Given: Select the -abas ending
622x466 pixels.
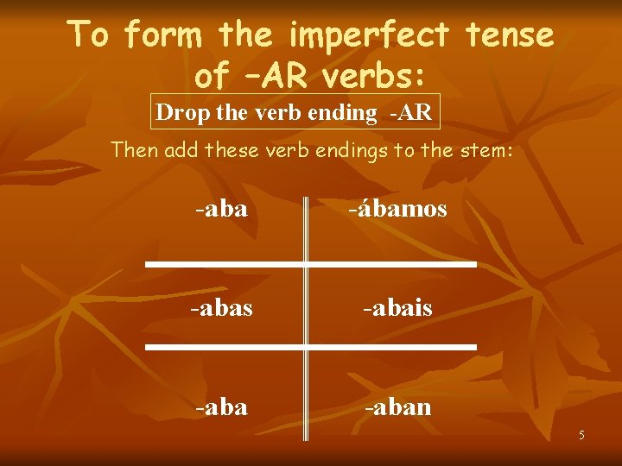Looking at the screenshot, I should [x=223, y=308].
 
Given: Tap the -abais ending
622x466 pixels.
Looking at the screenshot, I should [x=397, y=308].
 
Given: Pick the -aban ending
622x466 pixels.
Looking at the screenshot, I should [x=397, y=406].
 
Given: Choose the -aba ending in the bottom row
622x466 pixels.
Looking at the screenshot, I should [x=221, y=406].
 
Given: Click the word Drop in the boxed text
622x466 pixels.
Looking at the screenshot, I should [x=178, y=112].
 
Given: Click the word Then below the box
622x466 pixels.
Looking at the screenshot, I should [x=136, y=149].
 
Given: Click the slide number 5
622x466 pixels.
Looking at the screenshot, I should [x=581, y=435].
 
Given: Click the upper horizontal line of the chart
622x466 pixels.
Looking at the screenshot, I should [x=311, y=262].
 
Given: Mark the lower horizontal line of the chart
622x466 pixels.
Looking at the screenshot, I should [x=311, y=345].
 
